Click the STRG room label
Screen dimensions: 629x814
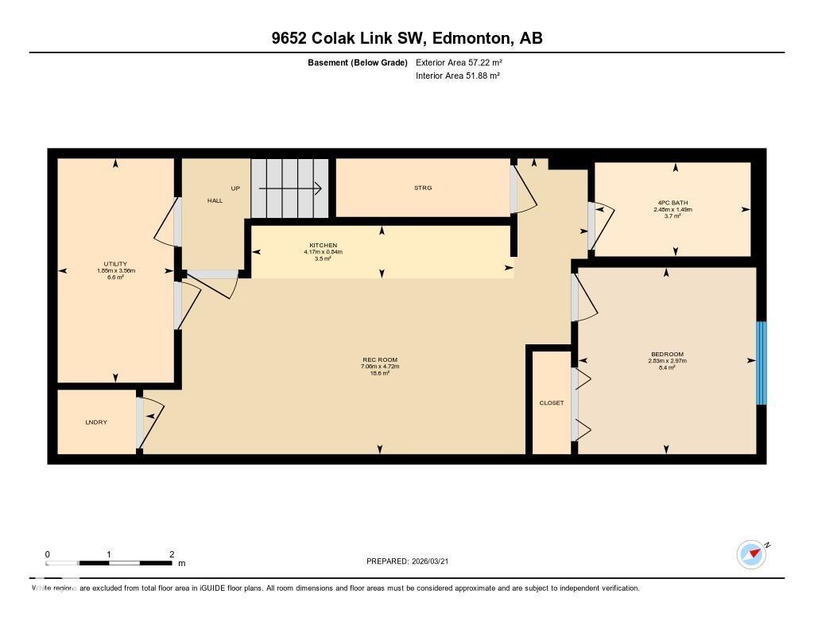click(422, 188)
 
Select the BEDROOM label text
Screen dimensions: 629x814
click(666, 355)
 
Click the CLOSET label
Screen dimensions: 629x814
click(551, 403)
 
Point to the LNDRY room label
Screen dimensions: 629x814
click(96, 422)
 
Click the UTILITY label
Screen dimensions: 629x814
click(115, 264)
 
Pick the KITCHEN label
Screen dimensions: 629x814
click(323, 245)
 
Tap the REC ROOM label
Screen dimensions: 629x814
click(379, 360)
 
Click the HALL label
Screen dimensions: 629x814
click(215, 201)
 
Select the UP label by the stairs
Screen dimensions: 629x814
click(235, 188)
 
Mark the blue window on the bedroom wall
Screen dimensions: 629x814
click(761, 363)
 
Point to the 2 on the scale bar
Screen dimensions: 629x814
click(171, 554)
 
